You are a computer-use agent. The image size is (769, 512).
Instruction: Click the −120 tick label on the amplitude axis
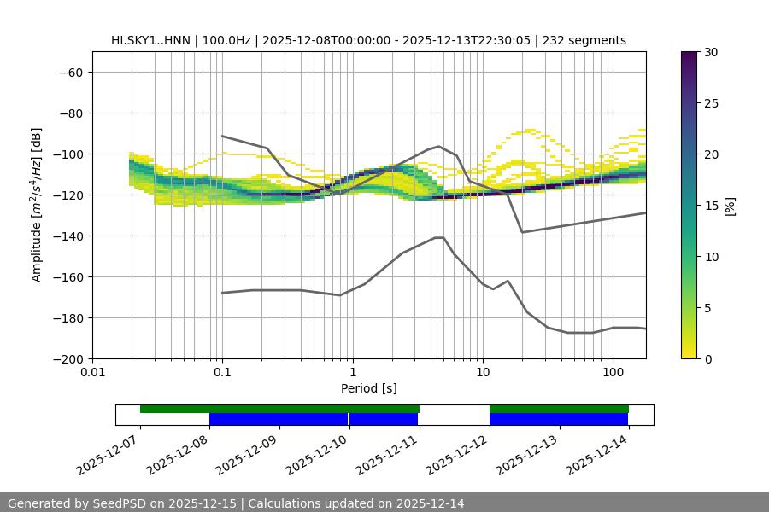coord(69,195)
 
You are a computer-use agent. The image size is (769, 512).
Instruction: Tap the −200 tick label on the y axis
coord(69,359)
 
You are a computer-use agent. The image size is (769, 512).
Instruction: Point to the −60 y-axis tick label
coord(72,73)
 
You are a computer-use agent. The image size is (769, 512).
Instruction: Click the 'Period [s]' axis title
coord(368,388)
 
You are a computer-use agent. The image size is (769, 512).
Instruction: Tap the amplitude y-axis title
coord(37,206)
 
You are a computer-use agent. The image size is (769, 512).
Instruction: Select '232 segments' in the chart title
coord(589,40)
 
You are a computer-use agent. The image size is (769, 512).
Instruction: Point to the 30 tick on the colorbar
coord(710,52)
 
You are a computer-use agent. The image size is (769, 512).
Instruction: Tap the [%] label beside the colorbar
coord(730,206)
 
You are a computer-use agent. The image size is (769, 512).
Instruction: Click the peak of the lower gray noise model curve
coord(439,237)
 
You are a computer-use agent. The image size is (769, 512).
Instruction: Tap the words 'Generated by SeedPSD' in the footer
coord(79,503)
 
